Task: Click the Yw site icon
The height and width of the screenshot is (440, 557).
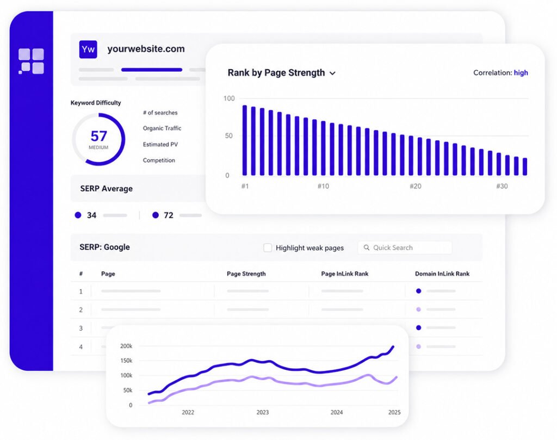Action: [x=88, y=49]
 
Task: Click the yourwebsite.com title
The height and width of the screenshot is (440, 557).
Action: [x=146, y=48]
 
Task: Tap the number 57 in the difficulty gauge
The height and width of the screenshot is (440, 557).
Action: [x=99, y=136]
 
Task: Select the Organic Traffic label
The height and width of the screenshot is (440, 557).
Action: [x=162, y=128]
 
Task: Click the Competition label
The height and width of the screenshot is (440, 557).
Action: [x=159, y=160]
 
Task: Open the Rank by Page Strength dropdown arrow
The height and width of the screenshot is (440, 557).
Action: [x=332, y=73]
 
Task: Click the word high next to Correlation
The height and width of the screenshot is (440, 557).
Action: [x=521, y=72]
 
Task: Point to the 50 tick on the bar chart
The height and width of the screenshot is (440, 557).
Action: [x=229, y=135]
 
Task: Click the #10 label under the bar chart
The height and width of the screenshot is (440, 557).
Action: [x=323, y=186]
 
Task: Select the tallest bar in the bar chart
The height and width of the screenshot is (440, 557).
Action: [x=244, y=140]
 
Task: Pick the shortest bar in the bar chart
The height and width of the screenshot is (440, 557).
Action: [x=525, y=166]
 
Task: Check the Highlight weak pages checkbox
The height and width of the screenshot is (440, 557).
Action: [x=268, y=247]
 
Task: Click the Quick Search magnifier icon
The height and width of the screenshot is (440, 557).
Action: [x=366, y=247]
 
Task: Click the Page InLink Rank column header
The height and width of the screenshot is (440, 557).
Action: [x=344, y=274]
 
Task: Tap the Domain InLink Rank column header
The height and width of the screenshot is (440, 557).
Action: [x=442, y=274]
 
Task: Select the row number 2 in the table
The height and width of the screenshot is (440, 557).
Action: [x=81, y=309]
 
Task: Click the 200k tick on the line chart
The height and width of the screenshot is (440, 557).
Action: [x=126, y=346]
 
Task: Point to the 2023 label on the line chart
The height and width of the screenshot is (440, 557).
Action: [x=263, y=412]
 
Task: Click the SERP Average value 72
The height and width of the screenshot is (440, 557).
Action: [x=169, y=215]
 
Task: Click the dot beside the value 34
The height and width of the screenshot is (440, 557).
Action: [x=78, y=215]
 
